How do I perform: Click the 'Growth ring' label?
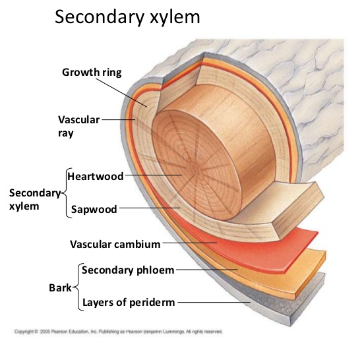point(92,71)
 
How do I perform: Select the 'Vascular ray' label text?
point(78,125)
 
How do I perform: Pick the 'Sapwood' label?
point(94,210)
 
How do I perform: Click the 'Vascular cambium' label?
point(115,245)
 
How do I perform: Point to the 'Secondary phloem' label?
point(128,269)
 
